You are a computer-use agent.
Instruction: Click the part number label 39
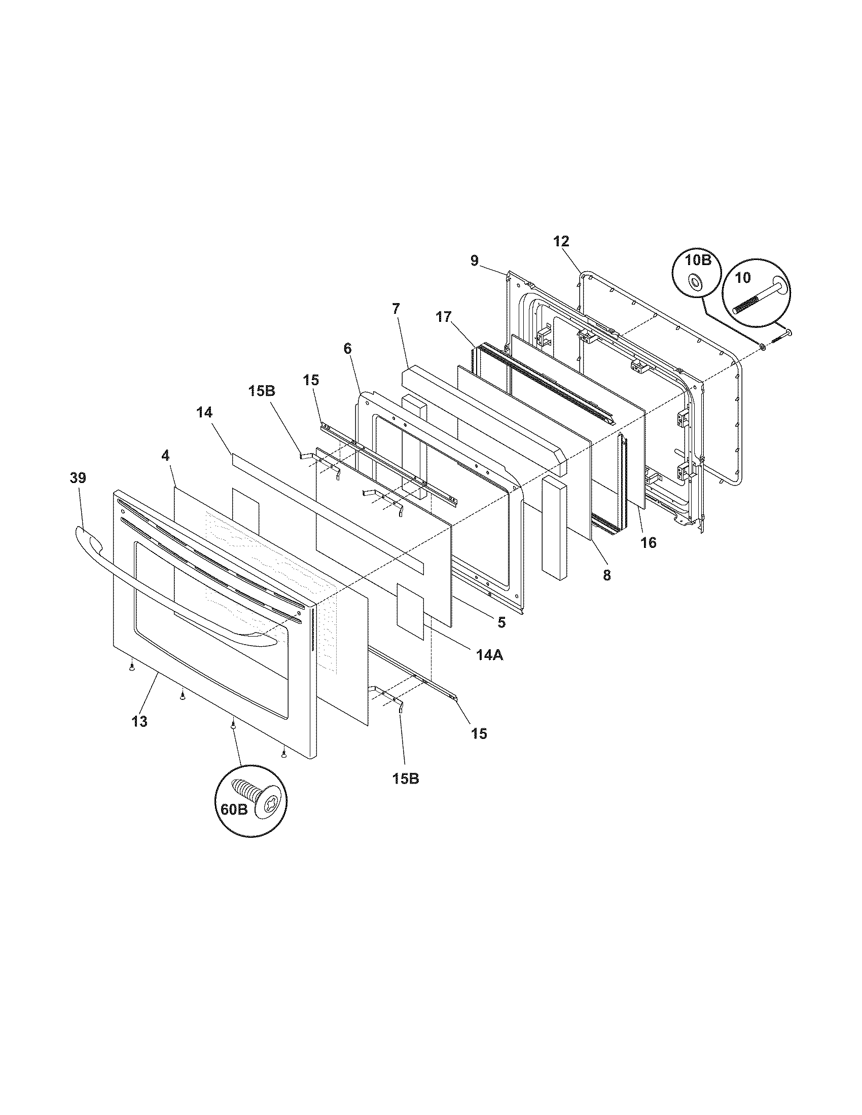click(x=78, y=478)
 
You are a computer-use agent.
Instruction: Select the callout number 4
click(x=165, y=470)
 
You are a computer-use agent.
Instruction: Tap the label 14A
click(x=490, y=655)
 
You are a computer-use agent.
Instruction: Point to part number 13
click(x=139, y=721)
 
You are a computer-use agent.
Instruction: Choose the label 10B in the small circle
click(x=697, y=260)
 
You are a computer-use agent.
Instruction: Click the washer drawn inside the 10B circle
click(x=696, y=281)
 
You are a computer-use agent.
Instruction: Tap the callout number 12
click(x=561, y=241)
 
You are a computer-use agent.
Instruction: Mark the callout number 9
click(x=475, y=261)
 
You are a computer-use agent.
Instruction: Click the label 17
click(x=444, y=317)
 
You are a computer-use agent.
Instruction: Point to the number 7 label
click(x=397, y=308)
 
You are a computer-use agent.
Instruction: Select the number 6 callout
click(x=347, y=349)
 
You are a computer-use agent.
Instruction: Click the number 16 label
click(x=649, y=542)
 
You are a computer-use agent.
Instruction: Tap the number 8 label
click(x=606, y=575)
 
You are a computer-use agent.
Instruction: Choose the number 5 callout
click(x=501, y=622)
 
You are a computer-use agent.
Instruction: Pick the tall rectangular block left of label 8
click(x=554, y=529)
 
